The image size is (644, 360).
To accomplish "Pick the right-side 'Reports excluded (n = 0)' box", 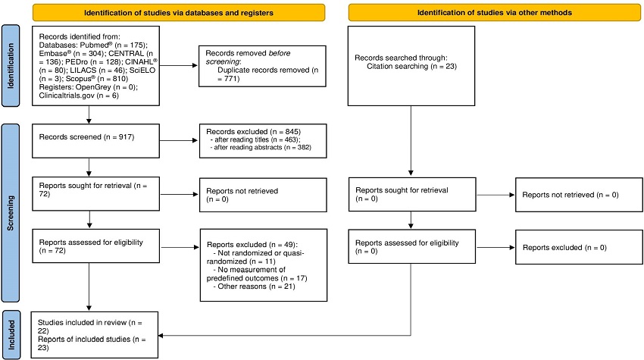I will point(573,248).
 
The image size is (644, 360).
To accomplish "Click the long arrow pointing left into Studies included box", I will point(288,333).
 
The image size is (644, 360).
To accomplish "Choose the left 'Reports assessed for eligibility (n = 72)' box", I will point(95,248).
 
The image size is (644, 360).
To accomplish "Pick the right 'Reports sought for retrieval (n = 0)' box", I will point(410,195).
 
